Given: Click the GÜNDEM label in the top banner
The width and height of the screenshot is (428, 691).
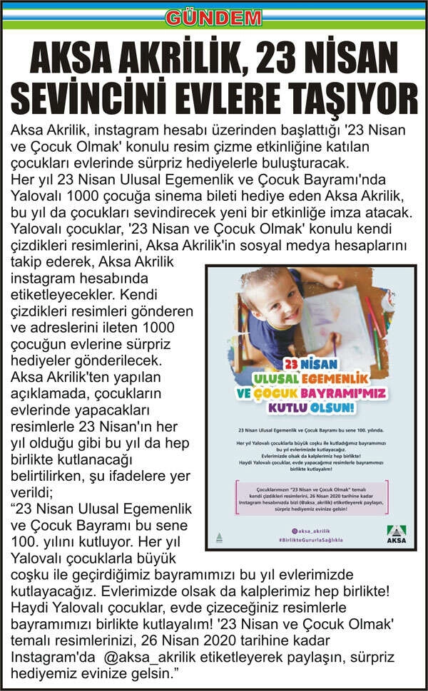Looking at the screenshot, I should (x=214, y=16).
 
